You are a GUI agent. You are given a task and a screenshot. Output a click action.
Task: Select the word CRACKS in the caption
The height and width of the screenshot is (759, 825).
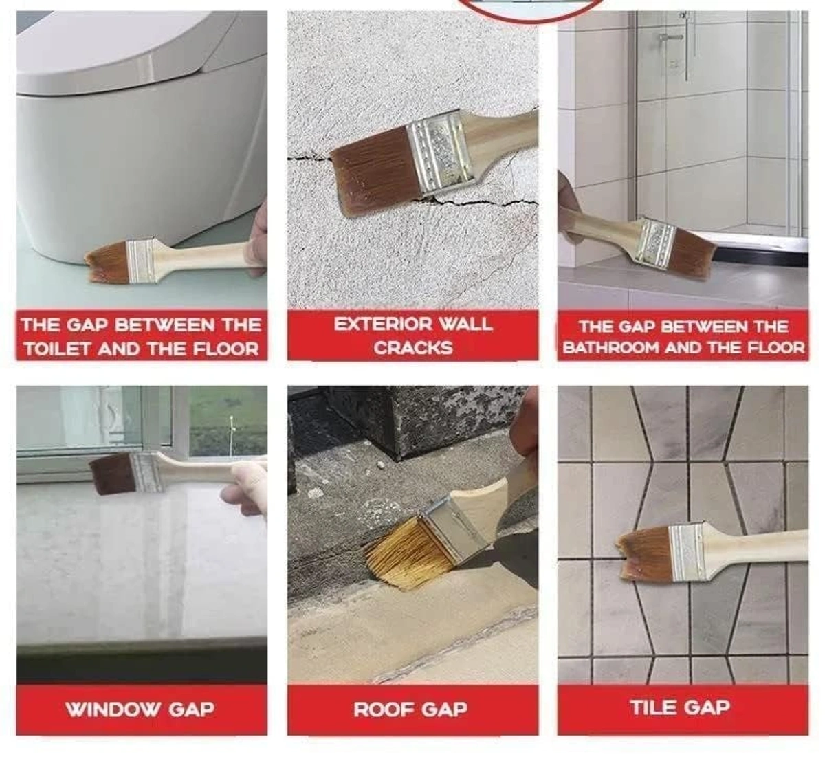click(x=413, y=348)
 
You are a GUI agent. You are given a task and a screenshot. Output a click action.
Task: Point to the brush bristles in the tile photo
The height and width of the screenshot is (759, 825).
click(x=646, y=553)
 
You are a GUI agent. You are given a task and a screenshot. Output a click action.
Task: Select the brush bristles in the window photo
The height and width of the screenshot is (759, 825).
click(x=111, y=474)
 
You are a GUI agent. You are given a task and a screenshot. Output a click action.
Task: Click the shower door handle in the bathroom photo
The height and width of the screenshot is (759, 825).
click(x=670, y=36)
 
